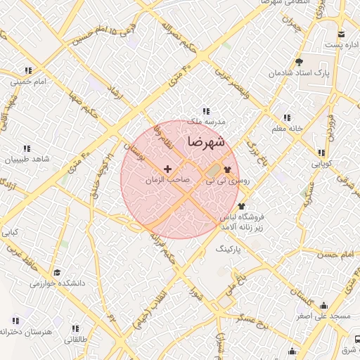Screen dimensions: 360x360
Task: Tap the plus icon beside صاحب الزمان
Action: [167, 169]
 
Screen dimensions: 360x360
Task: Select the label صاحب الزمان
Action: [167, 180]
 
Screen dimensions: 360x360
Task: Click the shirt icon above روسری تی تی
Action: [227, 169]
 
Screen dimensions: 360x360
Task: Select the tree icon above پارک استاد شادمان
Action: [298, 62]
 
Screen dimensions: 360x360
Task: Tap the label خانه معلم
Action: [286, 129]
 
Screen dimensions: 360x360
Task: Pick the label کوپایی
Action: [321, 163]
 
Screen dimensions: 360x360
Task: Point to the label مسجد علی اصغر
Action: [323, 316]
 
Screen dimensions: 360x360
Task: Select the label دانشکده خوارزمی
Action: [57, 283]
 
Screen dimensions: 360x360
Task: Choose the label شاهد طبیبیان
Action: [27, 160]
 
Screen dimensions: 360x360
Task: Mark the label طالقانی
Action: [75, 340]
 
